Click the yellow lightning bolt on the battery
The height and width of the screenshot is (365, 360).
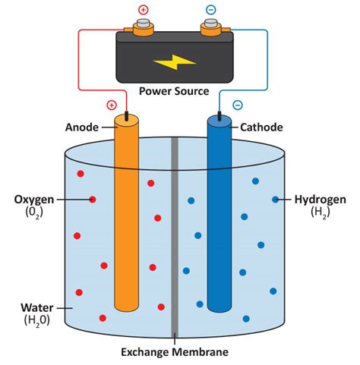[x=174, y=61]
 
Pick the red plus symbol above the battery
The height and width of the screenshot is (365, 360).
[x=142, y=11]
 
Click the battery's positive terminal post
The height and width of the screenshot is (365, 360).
[x=142, y=30]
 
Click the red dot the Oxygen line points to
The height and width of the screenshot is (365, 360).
[x=92, y=200]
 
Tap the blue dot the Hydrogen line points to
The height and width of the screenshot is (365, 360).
[x=276, y=200]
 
